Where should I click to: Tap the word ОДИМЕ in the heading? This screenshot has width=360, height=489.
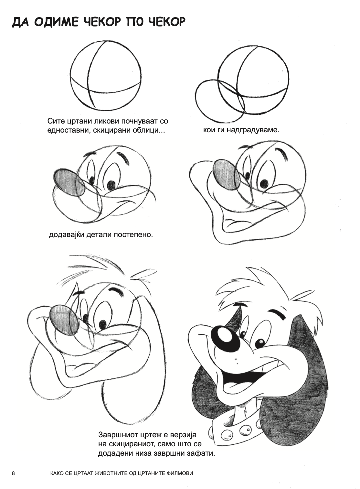click(x=56, y=22)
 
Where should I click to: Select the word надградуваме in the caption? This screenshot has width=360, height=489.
click(x=253, y=130)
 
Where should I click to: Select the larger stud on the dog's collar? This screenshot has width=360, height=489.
click(x=246, y=430)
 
